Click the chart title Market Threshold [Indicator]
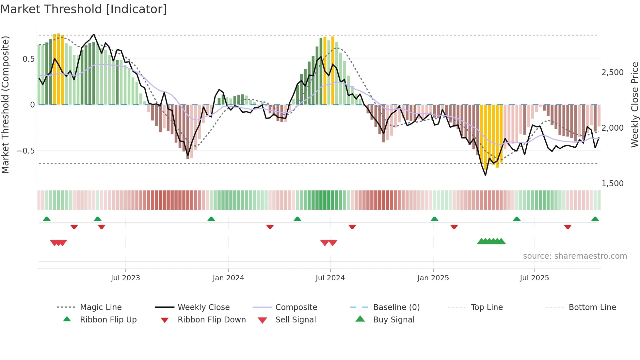point(84,9)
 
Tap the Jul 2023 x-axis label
point(125,278)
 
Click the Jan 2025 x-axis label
point(433,278)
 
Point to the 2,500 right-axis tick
point(612,72)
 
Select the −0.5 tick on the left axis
point(25,151)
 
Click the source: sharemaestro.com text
point(575,256)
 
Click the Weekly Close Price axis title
point(634,105)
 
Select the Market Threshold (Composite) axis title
point(5,105)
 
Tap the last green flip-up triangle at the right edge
point(595,219)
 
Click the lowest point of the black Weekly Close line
point(486,175)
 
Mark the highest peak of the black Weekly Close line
point(94,34)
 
